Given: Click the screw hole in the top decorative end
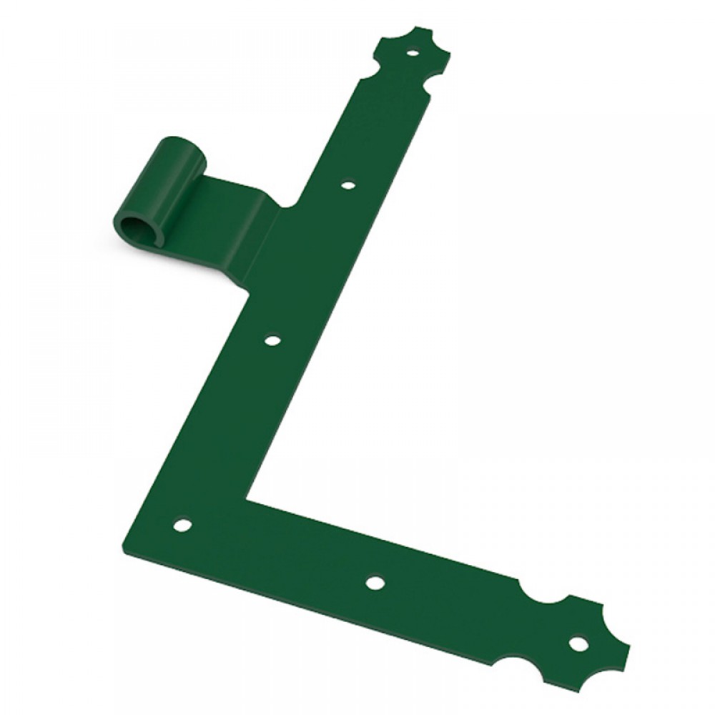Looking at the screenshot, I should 413,52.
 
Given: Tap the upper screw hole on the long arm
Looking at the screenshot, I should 347,185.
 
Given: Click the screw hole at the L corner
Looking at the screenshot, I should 182,526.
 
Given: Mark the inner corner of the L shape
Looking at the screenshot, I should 248,495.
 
